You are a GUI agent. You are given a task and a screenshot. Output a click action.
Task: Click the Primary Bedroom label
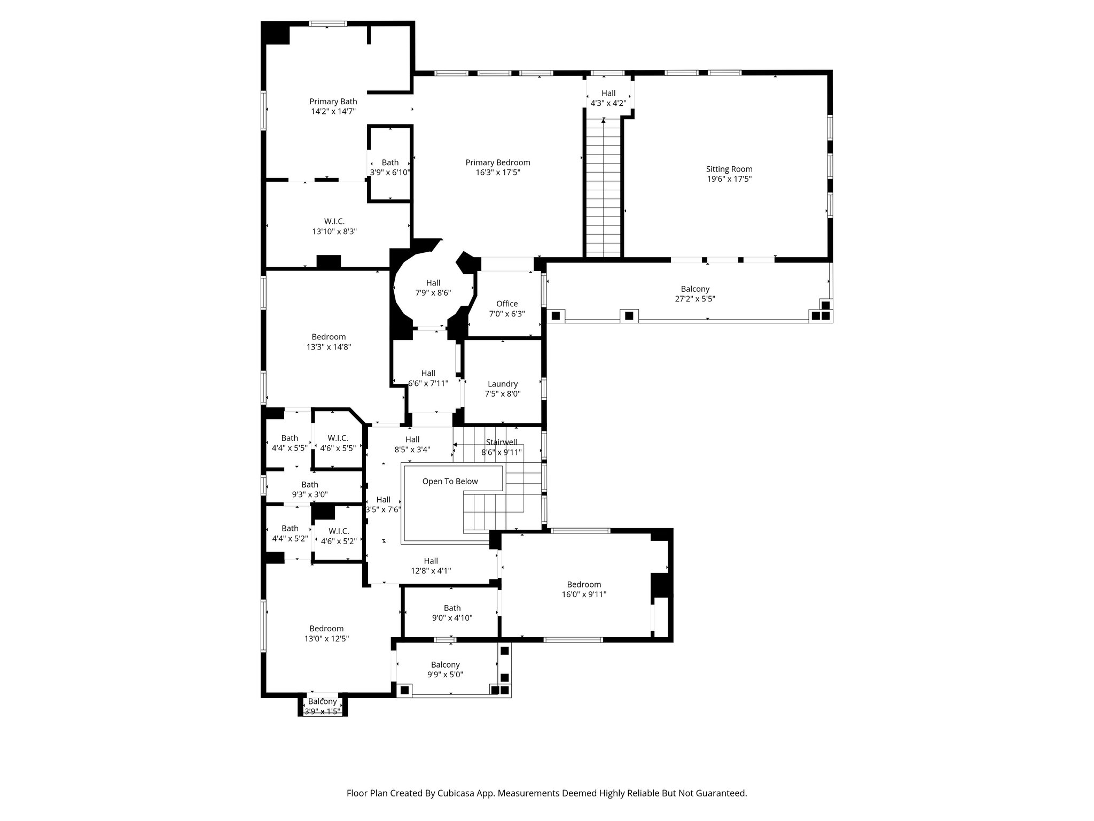tap(497, 163)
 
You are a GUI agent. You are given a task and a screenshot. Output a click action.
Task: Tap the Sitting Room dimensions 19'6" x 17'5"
tap(729, 179)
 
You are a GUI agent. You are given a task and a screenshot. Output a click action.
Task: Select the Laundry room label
tap(502, 384)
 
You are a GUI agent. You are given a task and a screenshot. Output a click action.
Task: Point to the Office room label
tap(506, 304)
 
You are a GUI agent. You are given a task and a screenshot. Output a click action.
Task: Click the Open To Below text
tap(450, 482)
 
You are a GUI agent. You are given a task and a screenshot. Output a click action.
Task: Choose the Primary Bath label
tap(333, 102)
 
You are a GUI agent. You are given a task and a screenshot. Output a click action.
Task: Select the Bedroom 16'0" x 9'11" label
tap(584, 589)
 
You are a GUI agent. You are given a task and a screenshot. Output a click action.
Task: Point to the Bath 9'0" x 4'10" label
tap(452, 613)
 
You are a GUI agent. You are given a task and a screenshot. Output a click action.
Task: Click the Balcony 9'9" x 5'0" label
tap(445, 670)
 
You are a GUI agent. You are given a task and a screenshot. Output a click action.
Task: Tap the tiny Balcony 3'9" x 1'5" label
tap(322, 707)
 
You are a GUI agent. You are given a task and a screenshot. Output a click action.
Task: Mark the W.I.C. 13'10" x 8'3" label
tap(334, 227)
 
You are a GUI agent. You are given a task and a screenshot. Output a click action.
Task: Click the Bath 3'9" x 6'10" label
tap(390, 167)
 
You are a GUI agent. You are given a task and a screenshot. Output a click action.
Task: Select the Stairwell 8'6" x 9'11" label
tap(501, 447)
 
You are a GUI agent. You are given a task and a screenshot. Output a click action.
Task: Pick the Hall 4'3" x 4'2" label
tap(608, 98)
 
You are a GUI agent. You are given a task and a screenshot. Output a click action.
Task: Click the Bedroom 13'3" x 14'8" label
tap(329, 342)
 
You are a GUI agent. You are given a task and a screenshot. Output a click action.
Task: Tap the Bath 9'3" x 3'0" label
tap(309, 490)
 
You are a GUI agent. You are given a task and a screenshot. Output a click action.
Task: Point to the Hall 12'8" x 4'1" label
tap(431, 566)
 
